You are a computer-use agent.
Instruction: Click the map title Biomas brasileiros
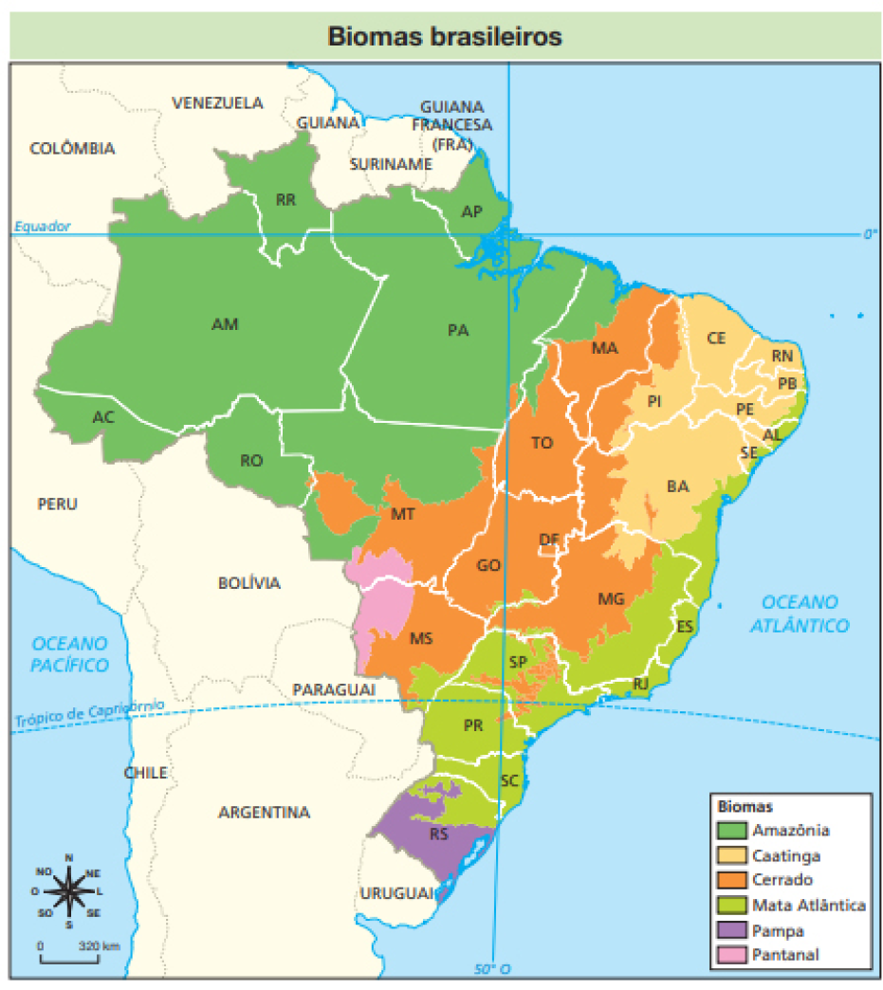(x=444, y=36)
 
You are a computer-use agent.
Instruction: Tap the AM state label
(x=225, y=324)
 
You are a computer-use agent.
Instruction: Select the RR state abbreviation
(x=285, y=200)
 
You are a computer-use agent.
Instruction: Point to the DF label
(x=548, y=541)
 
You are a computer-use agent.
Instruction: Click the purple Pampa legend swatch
(x=730, y=930)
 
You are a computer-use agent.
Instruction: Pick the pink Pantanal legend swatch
(x=730, y=955)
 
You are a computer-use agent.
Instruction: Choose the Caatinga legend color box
(x=730, y=855)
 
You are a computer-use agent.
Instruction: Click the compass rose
(x=68, y=890)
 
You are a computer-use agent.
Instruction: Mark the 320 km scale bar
(x=69, y=957)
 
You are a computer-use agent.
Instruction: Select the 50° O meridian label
(x=492, y=968)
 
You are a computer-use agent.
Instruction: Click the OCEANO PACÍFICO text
(x=69, y=653)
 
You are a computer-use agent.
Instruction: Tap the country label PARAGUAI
(x=334, y=688)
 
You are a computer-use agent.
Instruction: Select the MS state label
(x=420, y=638)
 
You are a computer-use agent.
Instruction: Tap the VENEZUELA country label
(x=217, y=102)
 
